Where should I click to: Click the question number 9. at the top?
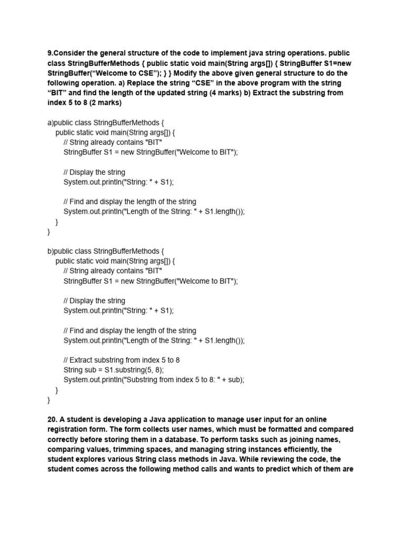point(50,54)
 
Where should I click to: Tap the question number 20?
point(53,420)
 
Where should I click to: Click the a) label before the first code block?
point(50,123)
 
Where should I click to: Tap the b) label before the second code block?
point(50,251)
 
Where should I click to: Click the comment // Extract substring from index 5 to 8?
point(122,360)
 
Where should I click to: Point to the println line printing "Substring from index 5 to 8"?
point(154,380)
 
